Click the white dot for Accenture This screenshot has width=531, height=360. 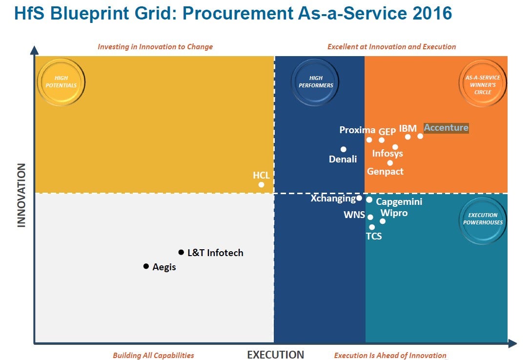point(420,136)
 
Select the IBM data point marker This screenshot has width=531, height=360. point(408,137)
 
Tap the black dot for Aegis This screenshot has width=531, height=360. point(146,266)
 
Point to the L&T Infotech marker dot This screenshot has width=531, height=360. point(181,252)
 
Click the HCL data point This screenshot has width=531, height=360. point(262,184)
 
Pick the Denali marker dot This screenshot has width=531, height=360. point(344,149)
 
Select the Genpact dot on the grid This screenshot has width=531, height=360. point(390,163)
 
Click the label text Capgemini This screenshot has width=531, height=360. point(399,202)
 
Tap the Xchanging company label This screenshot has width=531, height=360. point(333,199)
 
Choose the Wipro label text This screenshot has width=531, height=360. point(394,213)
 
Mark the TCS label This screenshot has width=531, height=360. point(374,237)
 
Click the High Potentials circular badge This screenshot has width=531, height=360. point(61,81)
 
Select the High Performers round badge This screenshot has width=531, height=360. point(315,81)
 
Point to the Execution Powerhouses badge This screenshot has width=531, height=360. point(483,219)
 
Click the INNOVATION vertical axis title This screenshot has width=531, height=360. point(21,195)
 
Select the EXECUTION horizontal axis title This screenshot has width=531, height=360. point(275,355)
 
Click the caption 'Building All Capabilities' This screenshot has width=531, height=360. point(153,355)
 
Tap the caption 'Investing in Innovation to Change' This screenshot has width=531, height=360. point(155,47)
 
